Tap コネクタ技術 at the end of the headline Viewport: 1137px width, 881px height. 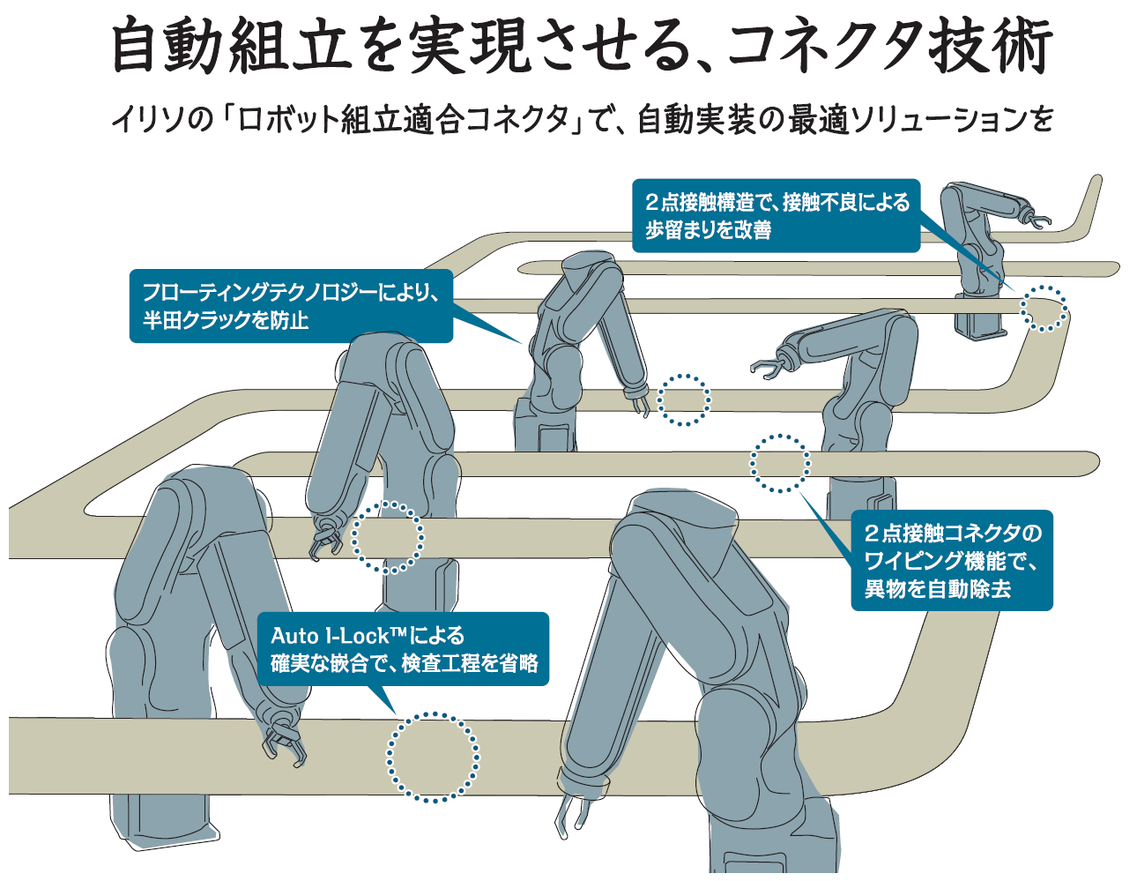coord(890,46)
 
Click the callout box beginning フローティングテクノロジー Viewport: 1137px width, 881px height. coord(291,305)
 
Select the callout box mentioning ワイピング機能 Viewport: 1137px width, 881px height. coord(951,560)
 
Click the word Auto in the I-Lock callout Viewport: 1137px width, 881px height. coord(294,636)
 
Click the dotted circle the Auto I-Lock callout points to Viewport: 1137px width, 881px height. coord(433,757)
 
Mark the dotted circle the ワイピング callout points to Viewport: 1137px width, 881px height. coord(779,463)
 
